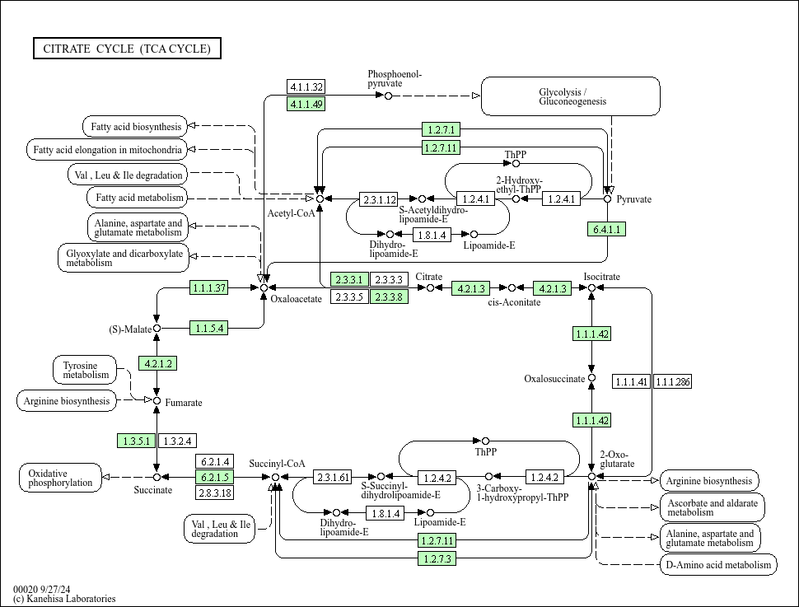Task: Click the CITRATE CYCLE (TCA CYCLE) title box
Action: point(127,49)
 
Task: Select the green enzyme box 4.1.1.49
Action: point(306,103)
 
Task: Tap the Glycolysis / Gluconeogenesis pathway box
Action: point(570,96)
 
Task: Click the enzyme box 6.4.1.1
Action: point(607,228)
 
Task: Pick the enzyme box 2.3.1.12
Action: point(379,198)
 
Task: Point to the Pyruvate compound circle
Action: point(608,198)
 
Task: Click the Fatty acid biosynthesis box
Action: point(135,127)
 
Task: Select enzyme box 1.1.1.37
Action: point(208,287)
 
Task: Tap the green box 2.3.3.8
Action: point(388,296)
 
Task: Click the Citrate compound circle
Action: point(430,287)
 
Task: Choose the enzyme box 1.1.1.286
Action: point(673,381)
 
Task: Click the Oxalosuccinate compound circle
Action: point(591,378)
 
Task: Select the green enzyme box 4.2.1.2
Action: point(157,363)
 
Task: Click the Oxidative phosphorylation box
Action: point(60,478)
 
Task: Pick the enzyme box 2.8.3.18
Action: point(213,493)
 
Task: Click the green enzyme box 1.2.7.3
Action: point(437,558)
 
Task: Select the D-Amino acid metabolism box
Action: point(717,564)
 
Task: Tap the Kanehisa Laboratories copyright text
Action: point(64,599)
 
